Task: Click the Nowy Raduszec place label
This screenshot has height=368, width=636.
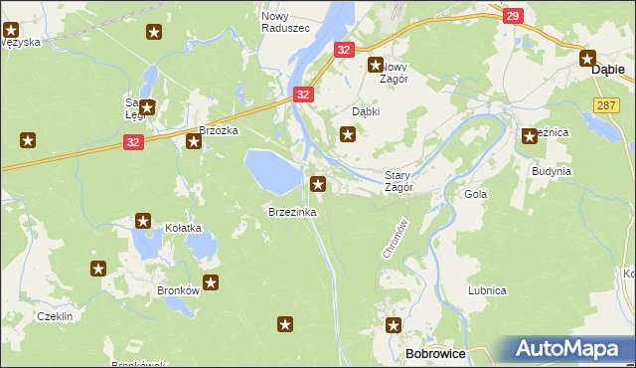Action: click(284, 22)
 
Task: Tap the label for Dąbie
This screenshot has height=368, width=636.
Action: click(607, 71)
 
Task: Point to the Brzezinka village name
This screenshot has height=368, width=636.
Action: click(292, 213)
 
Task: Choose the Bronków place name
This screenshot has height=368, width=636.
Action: click(179, 291)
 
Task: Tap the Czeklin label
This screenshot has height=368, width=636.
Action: click(55, 315)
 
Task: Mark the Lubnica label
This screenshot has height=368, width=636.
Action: click(488, 290)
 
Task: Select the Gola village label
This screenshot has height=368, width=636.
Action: click(476, 195)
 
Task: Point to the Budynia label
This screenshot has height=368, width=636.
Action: click(551, 171)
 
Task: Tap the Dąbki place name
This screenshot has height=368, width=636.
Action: click(367, 112)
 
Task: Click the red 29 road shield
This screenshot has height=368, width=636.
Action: click(512, 16)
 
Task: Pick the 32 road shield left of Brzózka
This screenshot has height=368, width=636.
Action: click(133, 143)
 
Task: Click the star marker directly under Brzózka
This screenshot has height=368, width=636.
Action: click(194, 142)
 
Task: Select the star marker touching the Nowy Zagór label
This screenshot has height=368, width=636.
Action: click(377, 66)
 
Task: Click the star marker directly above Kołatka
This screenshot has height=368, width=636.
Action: click(143, 221)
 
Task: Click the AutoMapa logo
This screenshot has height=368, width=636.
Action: click(568, 349)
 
